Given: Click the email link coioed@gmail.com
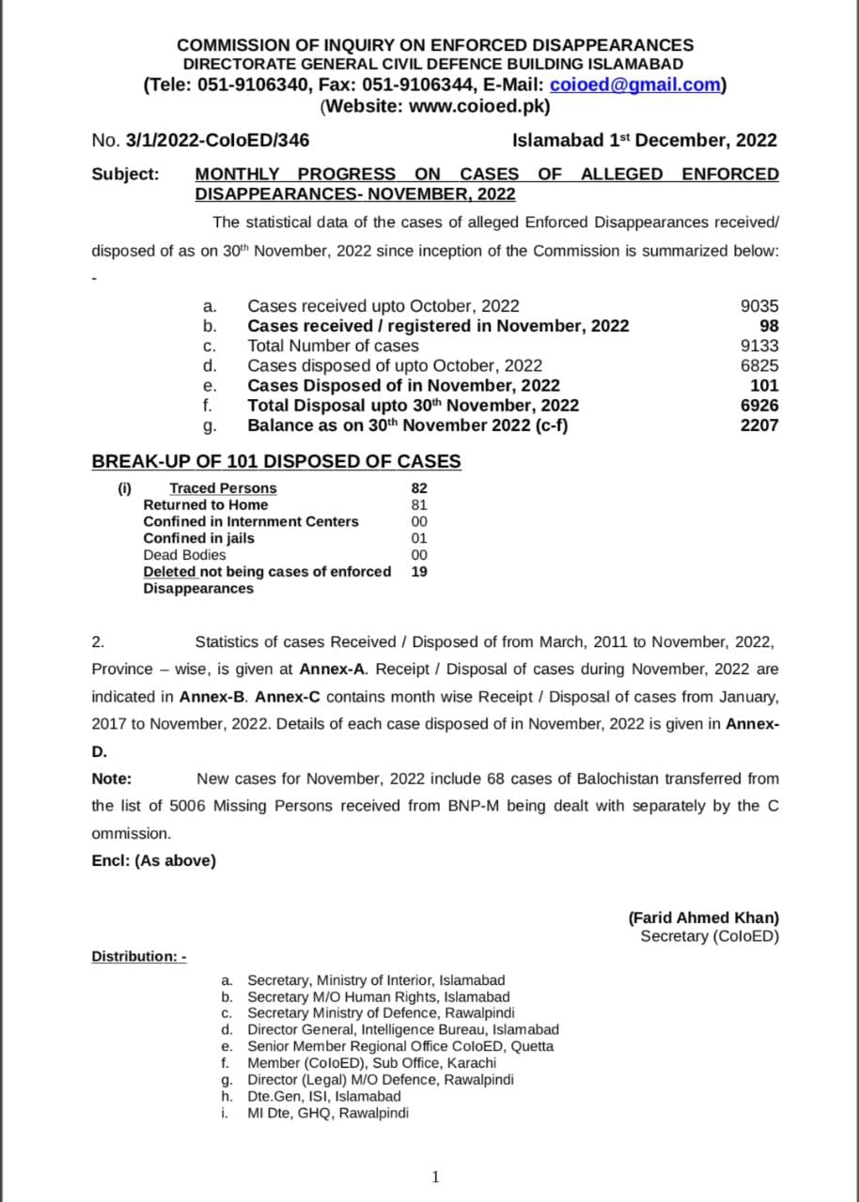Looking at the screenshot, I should click(x=634, y=85).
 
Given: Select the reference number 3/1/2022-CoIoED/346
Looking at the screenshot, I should click(x=217, y=141).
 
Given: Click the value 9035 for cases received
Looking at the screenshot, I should click(x=759, y=306).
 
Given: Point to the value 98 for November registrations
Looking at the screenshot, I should click(x=769, y=326).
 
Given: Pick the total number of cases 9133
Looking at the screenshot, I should click(x=759, y=346).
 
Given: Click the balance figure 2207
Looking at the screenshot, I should click(x=759, y=425).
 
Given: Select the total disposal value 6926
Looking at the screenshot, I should click(x=759, y=406).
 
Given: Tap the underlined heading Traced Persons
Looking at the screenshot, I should click(x=223, y=488).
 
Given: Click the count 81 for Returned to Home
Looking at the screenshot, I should click(x=419, y=505).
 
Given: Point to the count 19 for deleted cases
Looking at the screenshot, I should click(x=419, y=571).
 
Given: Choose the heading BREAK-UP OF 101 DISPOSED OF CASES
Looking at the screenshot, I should click(x=276, y=461).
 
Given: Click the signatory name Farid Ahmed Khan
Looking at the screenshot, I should click(x=704, y=918).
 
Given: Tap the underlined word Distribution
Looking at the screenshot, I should click(x=138, y=956).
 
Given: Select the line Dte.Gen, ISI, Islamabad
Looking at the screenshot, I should click(x=323, y=1097).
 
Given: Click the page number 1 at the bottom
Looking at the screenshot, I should click(x=434, y=1178).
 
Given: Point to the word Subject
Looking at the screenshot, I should click(x=125, y=174).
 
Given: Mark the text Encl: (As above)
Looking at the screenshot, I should click(x=153, y=860).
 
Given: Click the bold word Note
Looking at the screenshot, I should click(x=111, y=778).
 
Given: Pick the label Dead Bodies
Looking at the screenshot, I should click(x=184, y=555).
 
